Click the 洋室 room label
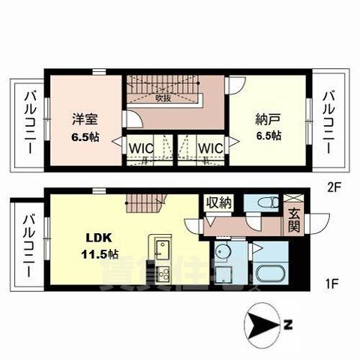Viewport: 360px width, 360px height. pos(83,119)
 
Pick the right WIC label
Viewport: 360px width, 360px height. pos(210,148)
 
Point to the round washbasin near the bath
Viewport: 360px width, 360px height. pos(222,252)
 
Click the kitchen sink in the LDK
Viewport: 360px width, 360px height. pos(159,248)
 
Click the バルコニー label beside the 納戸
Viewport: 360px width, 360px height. pos(328,121)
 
